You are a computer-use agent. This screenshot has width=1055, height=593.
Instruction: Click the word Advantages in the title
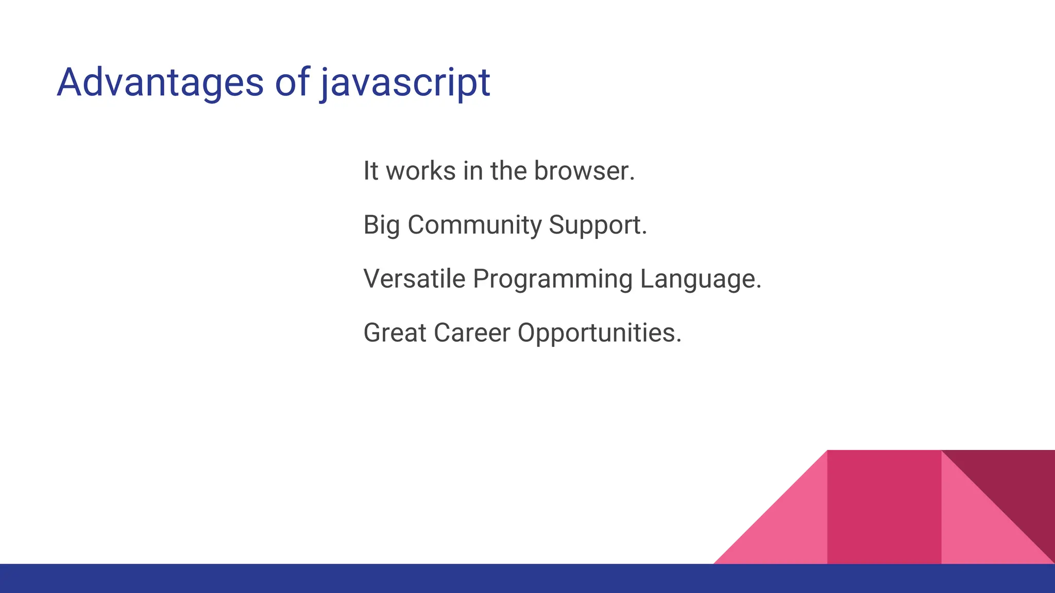point(160,82)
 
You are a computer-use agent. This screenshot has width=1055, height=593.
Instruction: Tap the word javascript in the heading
point(405,83)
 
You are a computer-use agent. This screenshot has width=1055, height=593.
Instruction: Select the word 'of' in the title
point(292,82)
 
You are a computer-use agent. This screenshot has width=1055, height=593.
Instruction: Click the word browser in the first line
point(584,171)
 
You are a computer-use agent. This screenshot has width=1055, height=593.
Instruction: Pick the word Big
point(381,225)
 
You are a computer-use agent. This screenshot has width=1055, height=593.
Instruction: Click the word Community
point(474,225)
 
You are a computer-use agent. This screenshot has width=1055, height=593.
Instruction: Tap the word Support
point(598,225)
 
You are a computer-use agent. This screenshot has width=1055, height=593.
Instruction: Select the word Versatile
point(414,279)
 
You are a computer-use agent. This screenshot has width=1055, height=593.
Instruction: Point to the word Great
point(395,333)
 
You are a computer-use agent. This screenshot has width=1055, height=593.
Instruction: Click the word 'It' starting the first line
point(370,171)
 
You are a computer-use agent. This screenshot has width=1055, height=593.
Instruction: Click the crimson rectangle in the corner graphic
point(884,507)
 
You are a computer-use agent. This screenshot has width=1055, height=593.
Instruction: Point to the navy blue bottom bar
point(361,578)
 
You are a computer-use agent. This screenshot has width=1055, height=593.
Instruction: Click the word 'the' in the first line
point(508,171)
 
